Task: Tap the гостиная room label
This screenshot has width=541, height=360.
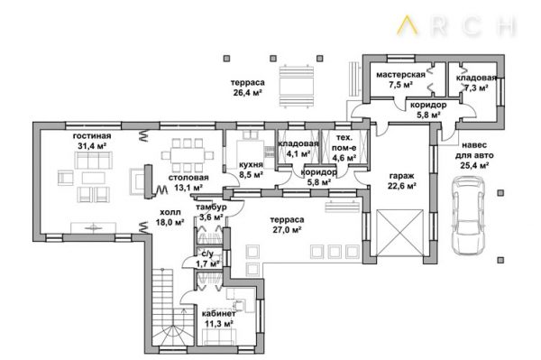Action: [92, 136]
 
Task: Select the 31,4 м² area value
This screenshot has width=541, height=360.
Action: [92, 146]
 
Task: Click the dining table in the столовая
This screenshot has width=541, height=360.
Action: [188, 155]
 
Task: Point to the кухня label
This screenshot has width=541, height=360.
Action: [251, 164]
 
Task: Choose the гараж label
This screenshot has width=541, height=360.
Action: [401, 176]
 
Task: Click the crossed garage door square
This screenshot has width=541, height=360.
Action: [399, 233]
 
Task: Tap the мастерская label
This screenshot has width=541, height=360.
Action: [400, 75]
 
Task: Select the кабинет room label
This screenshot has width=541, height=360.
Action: [219, 314]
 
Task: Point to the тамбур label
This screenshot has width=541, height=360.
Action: [211, 208]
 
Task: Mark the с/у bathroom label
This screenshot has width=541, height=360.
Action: [207, 254]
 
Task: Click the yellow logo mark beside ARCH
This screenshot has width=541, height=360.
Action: [408, 25]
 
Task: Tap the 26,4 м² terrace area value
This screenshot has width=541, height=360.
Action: [247, 93]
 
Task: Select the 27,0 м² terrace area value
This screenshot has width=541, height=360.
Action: [287, 229]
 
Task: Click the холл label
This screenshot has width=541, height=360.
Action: [170, 212]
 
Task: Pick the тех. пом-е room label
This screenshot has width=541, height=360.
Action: [344, 143]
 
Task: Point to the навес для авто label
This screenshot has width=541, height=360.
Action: [474, 150]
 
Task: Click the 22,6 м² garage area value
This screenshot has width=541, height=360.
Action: [401, 186]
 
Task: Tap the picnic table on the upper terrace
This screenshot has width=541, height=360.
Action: [297, 86]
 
